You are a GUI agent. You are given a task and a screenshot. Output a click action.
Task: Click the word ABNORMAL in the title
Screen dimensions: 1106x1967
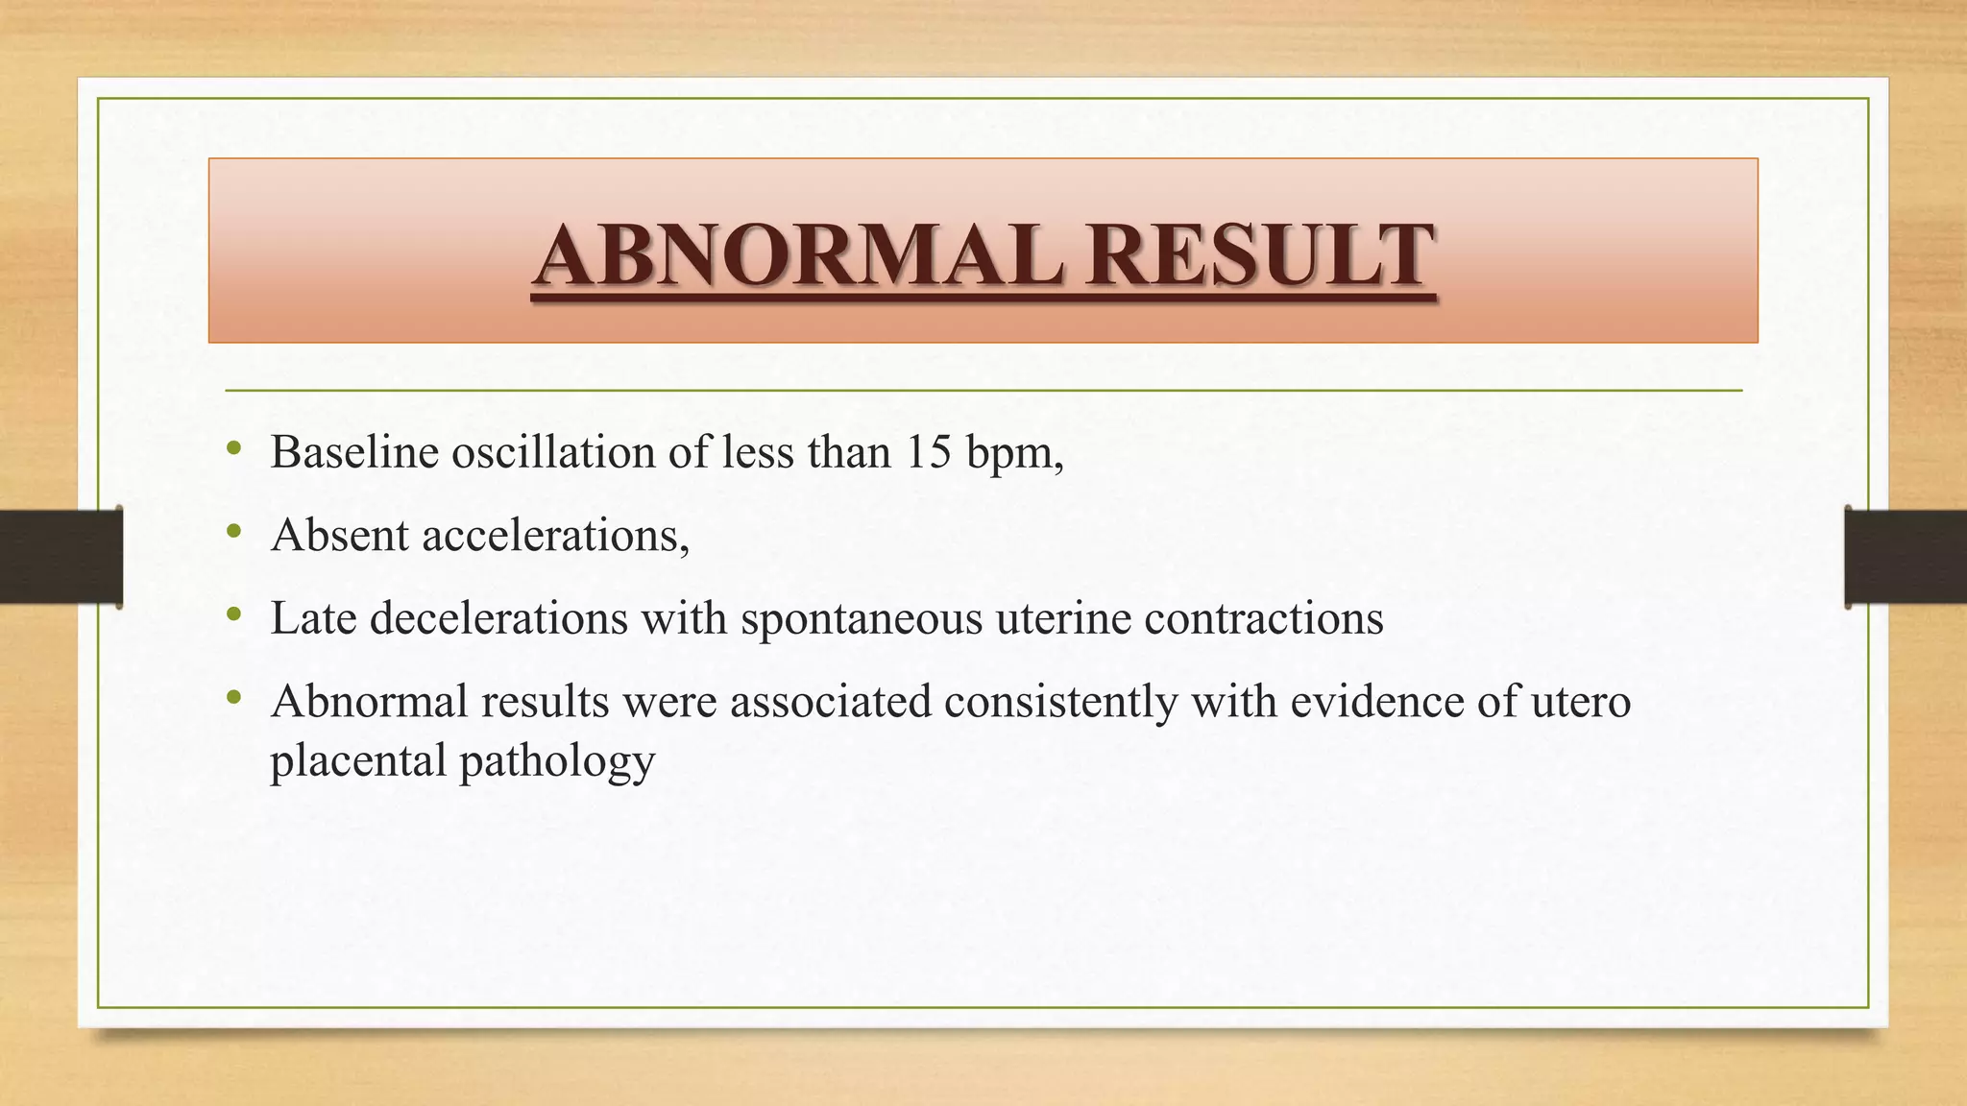tap(797, 255)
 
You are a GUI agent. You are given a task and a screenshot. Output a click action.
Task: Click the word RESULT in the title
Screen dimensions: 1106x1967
tap(1260, 255)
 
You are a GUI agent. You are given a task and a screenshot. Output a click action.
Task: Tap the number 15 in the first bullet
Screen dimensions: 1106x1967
tap(927, 451)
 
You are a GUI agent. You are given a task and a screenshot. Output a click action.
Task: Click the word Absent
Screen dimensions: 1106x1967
tap(340, 535)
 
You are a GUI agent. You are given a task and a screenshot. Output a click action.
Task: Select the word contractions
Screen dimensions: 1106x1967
tap(1264, 617)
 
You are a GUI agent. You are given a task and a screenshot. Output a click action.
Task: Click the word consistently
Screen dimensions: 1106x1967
tap(1061, 702)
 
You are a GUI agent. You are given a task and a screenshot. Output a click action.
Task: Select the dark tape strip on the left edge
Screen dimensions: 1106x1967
tap(61, 556)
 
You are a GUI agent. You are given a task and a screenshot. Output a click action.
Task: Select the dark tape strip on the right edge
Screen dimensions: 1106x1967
tap(1906, 556)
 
